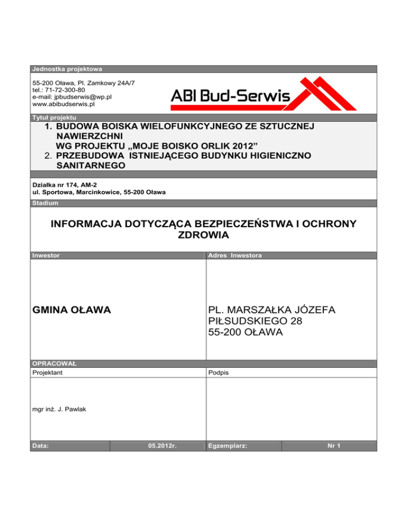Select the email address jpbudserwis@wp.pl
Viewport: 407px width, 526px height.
click(72, 97)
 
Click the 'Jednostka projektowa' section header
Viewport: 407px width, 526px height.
click(67, 69)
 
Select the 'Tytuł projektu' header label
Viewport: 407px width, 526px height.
click(54, 116)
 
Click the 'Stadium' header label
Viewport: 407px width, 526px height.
click(46, 203)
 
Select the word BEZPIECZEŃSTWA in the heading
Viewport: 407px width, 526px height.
click(234, 224)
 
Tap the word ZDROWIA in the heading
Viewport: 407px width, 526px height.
click(203, 235)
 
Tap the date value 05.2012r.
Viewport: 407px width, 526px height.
click(162, 446)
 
